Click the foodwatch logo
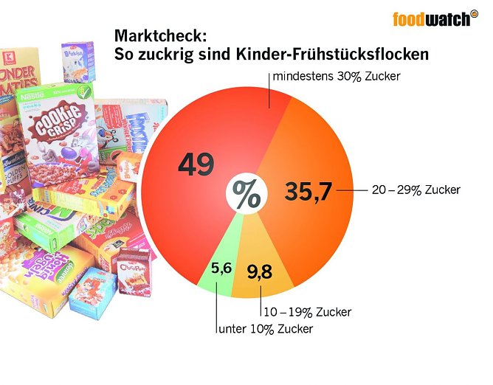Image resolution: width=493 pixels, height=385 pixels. click(431, 18)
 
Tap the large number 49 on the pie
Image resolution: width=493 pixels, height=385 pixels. click(196, 164)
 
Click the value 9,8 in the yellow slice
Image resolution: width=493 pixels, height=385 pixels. click(260, 272)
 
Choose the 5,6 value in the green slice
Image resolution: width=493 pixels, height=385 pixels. click(221, 268)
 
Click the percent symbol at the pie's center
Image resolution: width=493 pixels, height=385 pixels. click(246, 194)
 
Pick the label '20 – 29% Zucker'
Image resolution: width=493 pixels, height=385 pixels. click(416, 190)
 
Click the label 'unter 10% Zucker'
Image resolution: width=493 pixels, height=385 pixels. click(265, 329)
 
